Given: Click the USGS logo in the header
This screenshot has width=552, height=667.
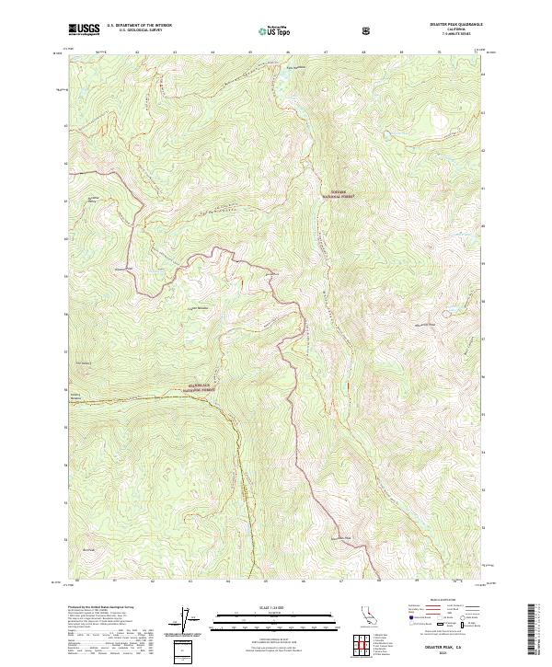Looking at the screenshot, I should click(85, 29).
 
